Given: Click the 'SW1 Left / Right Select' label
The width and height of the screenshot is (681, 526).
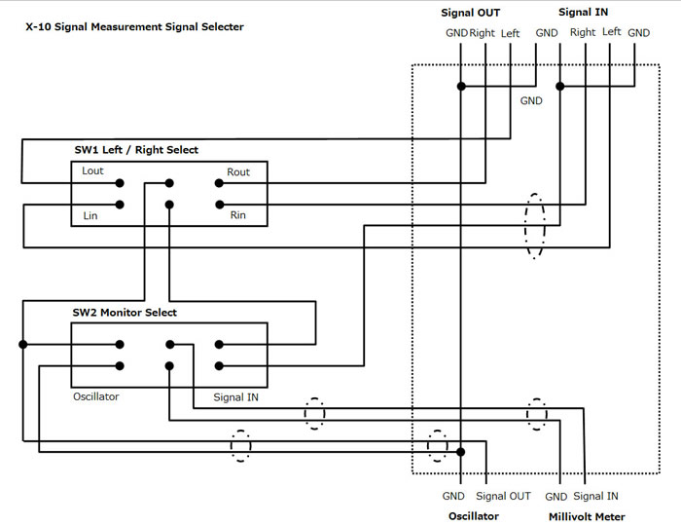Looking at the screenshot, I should click(135, 150).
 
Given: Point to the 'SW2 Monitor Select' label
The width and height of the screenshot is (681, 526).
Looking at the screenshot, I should click(125, 313).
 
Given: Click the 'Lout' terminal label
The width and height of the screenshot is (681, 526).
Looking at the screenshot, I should click(93, 171).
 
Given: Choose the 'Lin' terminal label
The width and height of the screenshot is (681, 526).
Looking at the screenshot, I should click(89, 214).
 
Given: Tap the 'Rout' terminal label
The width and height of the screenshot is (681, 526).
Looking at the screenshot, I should click(238, 172).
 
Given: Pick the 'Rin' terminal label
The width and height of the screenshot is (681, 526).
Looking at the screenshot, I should click(237, 215).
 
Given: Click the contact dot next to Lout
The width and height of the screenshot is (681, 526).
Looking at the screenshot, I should click(120, 182).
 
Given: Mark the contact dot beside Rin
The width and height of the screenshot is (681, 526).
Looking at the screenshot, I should click(219, 205).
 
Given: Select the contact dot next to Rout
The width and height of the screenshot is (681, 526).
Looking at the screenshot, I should click(219, 182).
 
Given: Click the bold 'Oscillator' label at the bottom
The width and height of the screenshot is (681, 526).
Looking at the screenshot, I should click(473, 516).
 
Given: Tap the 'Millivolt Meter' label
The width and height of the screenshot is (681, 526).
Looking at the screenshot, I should click(587, 516).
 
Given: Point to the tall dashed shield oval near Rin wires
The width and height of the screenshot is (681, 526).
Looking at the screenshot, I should click(534, 226).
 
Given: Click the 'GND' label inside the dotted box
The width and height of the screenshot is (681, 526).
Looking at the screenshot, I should click(531, 100).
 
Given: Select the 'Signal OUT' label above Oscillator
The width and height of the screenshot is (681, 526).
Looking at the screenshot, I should click(503, 497).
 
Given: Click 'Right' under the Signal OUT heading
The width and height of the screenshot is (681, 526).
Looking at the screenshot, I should click(483, 33).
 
